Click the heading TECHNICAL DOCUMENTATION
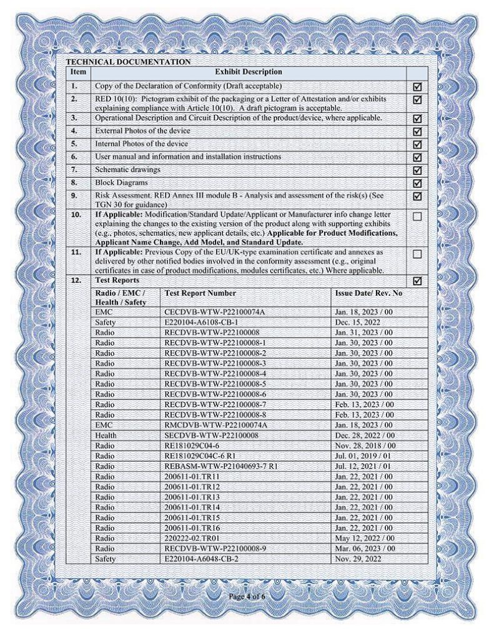pyautogui.click(x=128, y=62)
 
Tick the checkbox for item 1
pyautogui.click(x=417, y=86)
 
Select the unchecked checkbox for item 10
pyautogui.click(x=417, y=217)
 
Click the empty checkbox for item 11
pyautogui.click(x=417, y=255)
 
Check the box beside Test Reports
pyautogui.click(x=417, y=281)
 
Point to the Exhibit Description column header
pyautogui.click(x=249, y=73)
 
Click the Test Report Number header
pyautogui.click(x=200, y=293)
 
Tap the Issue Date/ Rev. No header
pyautogui.click(x=368, y=293)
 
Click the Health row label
pyautogui.click(x=106, y=435)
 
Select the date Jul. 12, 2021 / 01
pyautogui.click(x=364, y=466)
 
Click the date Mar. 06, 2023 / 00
pyautogui.click(x=365, y=549)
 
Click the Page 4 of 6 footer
pyautogui.click(x=247, y=597)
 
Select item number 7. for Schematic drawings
pyautogui.click(x=74, y=170)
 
